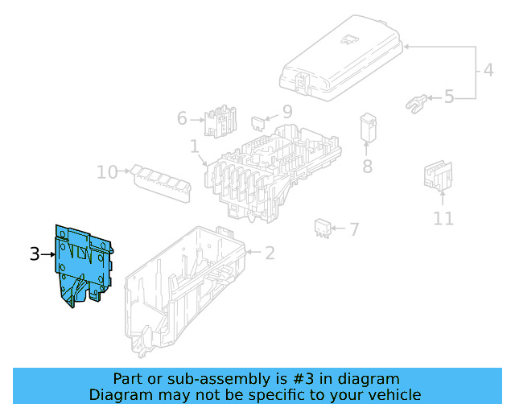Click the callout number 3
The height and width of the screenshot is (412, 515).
coord(35,254)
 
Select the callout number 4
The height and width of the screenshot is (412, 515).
coord(488,71)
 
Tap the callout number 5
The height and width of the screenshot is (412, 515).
coord(449,97)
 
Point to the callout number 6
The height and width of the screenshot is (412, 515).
coord(183,119)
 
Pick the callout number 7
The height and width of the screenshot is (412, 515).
coord(353,230)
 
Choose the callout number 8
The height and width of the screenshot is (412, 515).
coord(367,167)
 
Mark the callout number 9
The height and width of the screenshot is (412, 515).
coord(287,112)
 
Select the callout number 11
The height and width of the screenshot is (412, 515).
coord(443,217)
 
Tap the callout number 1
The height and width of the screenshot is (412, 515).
coord(194,146)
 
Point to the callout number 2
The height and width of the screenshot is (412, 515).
coord(270,253)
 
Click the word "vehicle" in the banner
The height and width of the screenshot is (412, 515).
coord(392,394)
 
